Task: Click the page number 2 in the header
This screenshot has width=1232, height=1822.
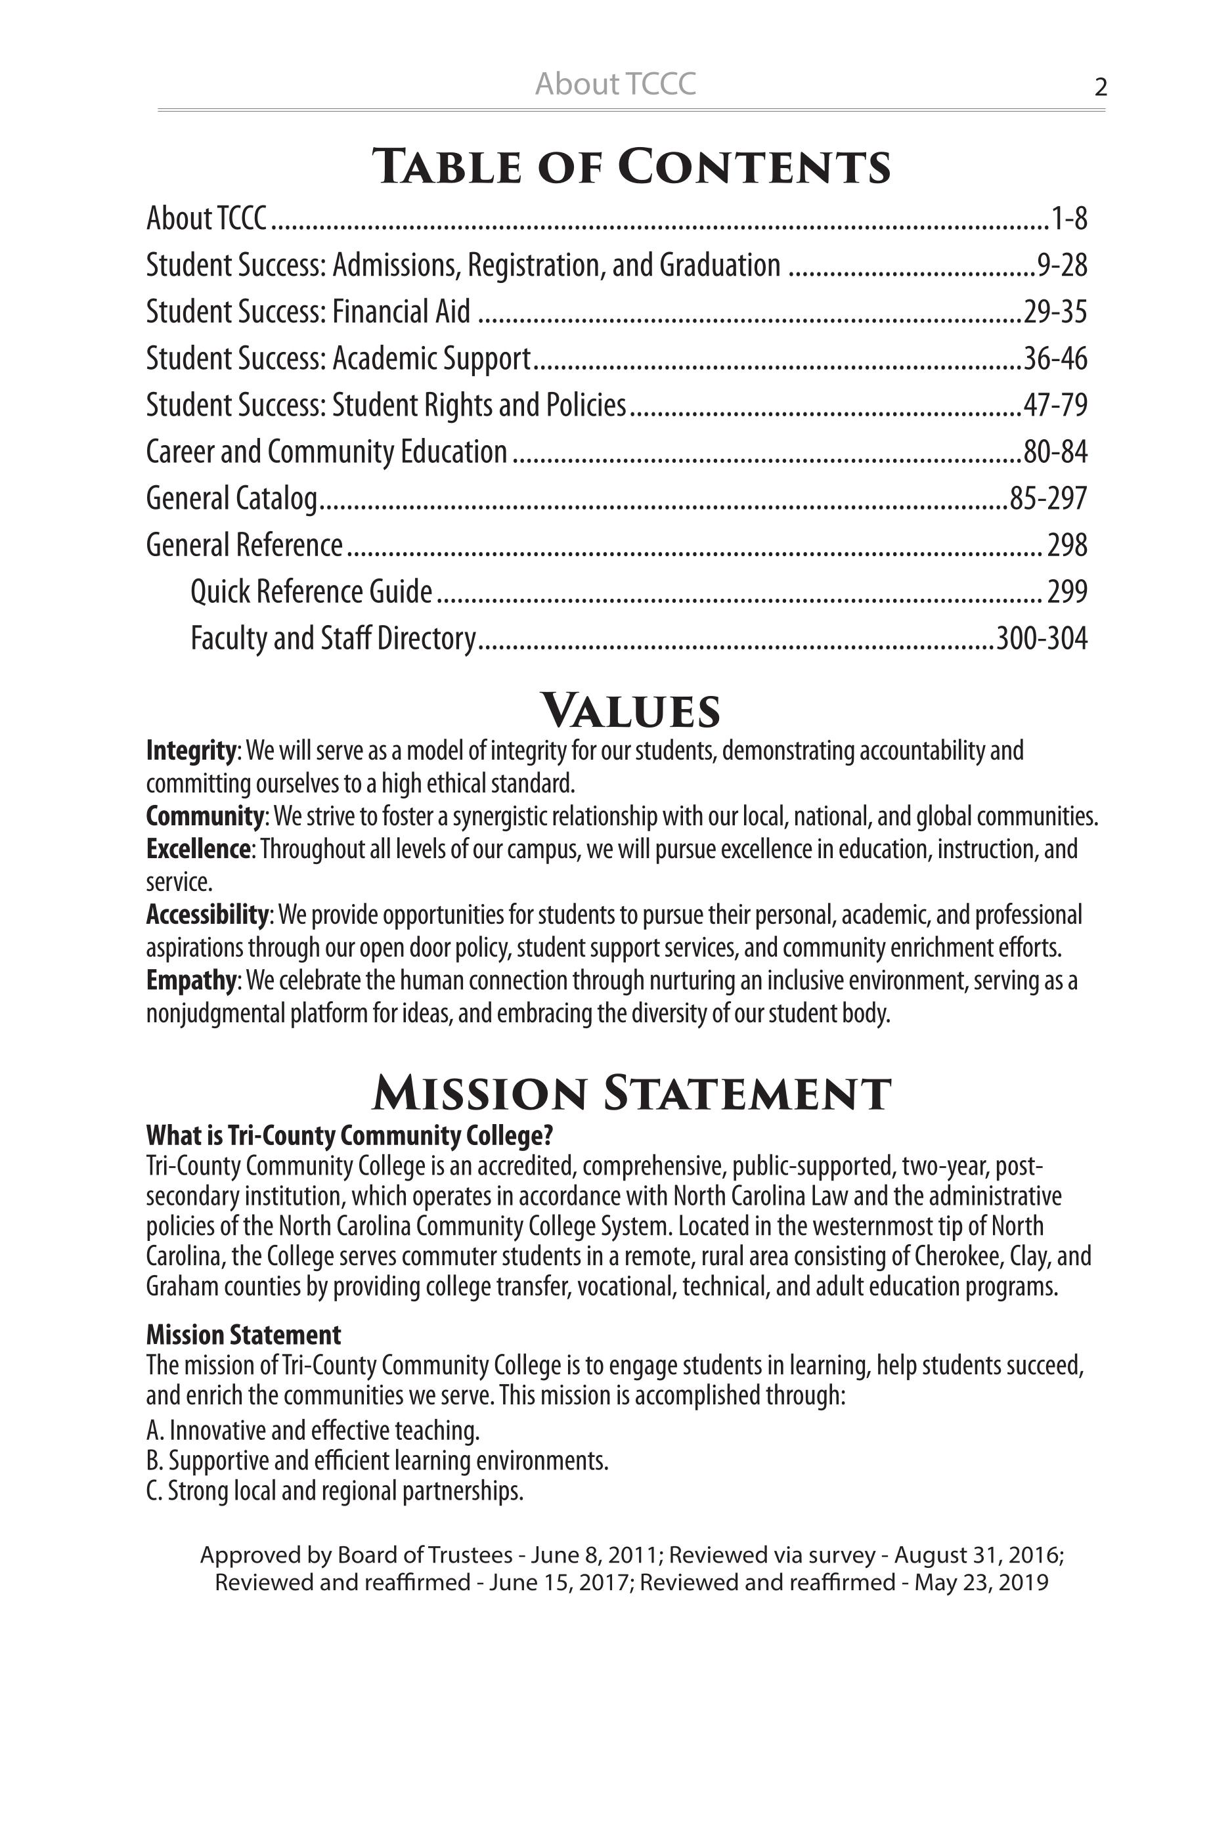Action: [x=1100, y=87]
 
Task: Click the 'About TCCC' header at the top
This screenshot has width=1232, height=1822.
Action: [x=615, y=84]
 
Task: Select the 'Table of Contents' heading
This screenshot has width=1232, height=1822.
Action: [x=630, y=166]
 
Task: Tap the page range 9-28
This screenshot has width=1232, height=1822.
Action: [x=1062, y=266]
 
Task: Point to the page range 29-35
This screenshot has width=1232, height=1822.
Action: [x=1055, y=312]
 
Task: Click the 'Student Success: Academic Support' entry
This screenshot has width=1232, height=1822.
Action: [x=338, y=358]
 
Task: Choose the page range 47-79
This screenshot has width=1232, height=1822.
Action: [x=1055, y=405]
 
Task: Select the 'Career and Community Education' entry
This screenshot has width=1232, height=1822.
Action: [x=326, y=452]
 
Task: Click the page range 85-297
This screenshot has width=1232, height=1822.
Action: [x=1047, y=498]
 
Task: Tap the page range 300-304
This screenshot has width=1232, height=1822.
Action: [x=1042, y=638]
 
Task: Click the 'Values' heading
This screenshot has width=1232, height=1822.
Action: [x=630, y=710]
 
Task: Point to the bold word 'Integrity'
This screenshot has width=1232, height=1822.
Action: [x=190, y=751]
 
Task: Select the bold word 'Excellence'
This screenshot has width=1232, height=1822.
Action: [x=198, y=849]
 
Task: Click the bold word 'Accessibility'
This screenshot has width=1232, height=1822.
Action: [x=207, y=915]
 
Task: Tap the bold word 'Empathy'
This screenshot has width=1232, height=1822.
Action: [x=190, y=981]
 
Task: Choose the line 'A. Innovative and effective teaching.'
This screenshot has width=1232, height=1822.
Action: [x=312, y=1431]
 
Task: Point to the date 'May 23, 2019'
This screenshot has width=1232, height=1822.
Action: [x=981, y=1582]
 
